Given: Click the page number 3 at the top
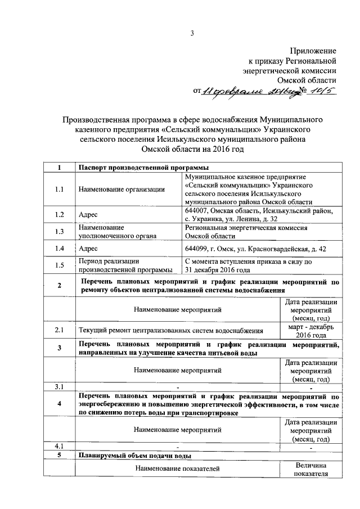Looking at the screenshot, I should point(191,33).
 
